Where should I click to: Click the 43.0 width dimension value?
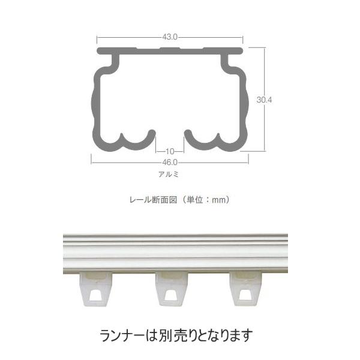pos(169,37)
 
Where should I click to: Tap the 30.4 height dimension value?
pos(265,100)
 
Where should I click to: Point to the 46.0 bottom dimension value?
pos(170,162)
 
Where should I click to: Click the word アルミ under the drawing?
pos(170,175)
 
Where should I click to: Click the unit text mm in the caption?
pos(220,199)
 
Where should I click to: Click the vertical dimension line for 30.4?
pos(265,72)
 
